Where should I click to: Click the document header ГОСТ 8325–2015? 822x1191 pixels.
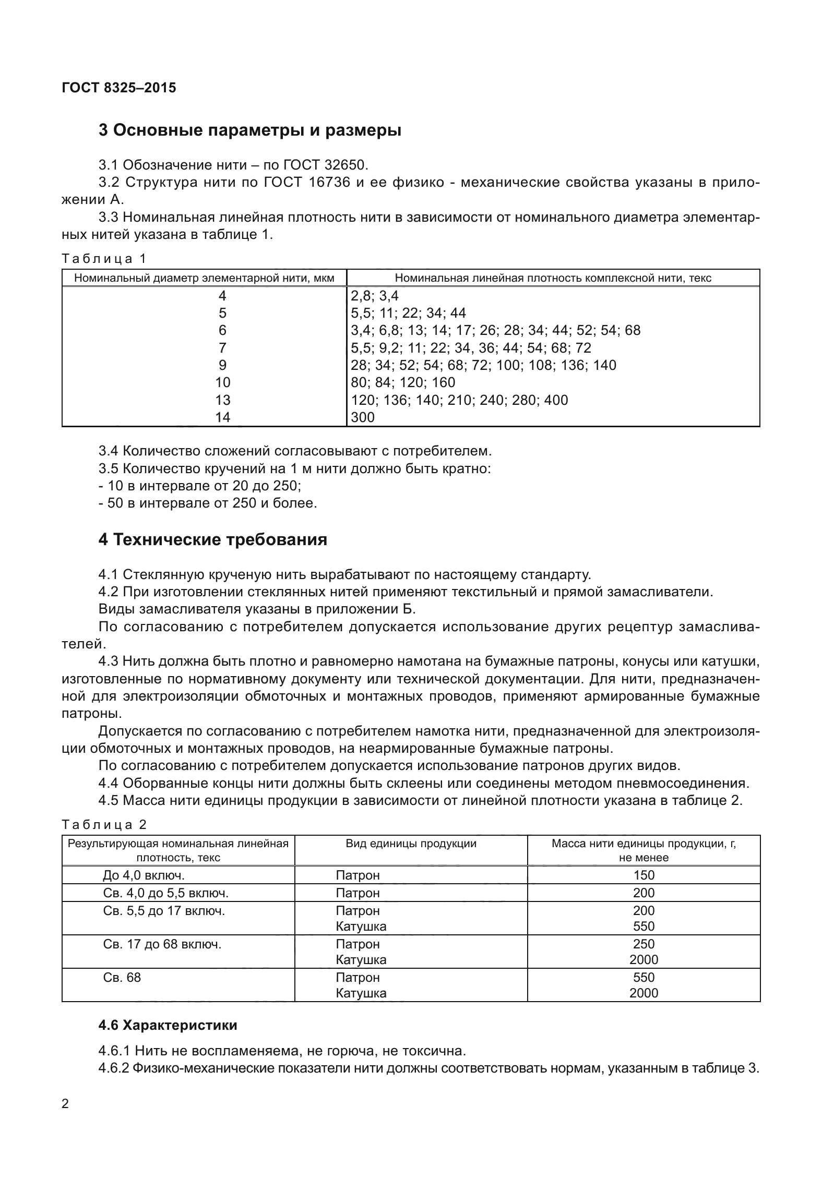tap(118, 88)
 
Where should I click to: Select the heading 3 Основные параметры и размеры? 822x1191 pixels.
tap(249, 130)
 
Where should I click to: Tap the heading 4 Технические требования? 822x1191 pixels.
tap(212, 539)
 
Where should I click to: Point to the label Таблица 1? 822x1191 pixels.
tap(104, 259)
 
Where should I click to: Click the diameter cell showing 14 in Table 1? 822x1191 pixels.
tap(222, 417)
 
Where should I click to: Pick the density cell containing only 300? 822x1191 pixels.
tap(363, 417)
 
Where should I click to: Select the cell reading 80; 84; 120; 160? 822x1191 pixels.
tap(403, 382)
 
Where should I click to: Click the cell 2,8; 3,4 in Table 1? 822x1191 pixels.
tap(374, 296)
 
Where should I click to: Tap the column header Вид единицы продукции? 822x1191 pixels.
tap(411, 844)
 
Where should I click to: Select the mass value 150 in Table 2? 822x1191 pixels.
tap(644, 875)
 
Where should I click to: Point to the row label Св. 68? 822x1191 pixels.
tap(122, 977)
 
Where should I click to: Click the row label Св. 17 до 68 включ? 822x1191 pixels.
tap(162, 944)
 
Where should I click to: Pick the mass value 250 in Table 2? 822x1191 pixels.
tap(644, 944)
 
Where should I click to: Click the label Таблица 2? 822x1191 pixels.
tap(104, 825)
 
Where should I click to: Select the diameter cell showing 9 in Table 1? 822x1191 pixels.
tap(222, 365)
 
